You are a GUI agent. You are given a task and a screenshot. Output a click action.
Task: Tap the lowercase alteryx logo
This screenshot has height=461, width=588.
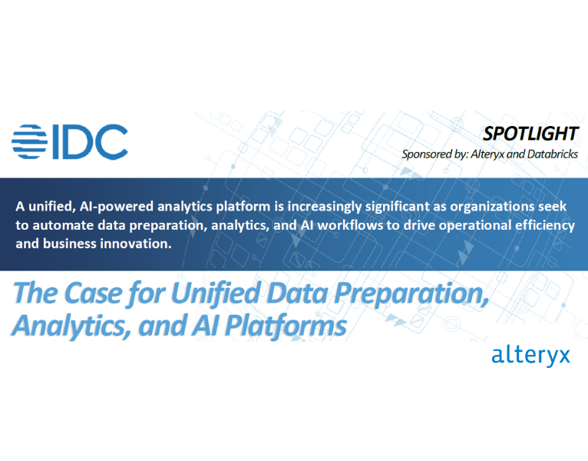530,356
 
